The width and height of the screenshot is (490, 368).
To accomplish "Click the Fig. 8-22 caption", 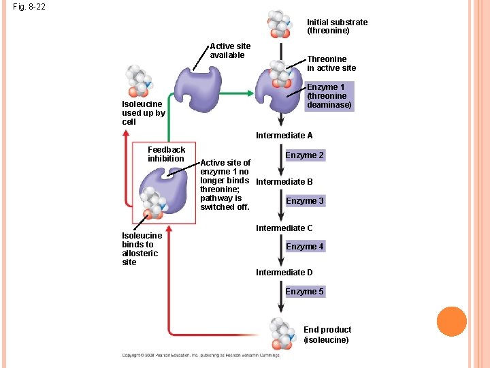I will pos(29,8).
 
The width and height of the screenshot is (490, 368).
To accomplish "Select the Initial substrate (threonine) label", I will pos(337,27).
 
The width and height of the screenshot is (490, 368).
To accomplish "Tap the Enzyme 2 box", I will pos(304,155).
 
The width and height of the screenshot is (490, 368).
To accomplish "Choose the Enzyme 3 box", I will pos(304,201).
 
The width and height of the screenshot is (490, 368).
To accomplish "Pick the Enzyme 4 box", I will pos(304,247).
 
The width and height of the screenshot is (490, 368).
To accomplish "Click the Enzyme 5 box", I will pos(304,292).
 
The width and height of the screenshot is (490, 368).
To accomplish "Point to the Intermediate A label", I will pos(284,136).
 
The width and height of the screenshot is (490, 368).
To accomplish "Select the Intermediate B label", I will pos(284,182).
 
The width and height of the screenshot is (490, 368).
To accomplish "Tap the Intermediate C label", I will pos(284,228).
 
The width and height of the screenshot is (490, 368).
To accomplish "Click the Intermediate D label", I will pos(284,273).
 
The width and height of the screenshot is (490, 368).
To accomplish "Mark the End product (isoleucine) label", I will pos(327,335).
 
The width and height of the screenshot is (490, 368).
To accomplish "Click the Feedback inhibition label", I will pos(166,154).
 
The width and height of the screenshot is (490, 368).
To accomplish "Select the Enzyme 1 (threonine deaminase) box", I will pos(329,96).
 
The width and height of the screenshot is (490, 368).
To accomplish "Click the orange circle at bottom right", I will pos(451,322).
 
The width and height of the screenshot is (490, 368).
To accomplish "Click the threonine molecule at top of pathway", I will pos(278,24).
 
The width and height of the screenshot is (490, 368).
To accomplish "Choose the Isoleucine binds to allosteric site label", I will pos(142,249).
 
